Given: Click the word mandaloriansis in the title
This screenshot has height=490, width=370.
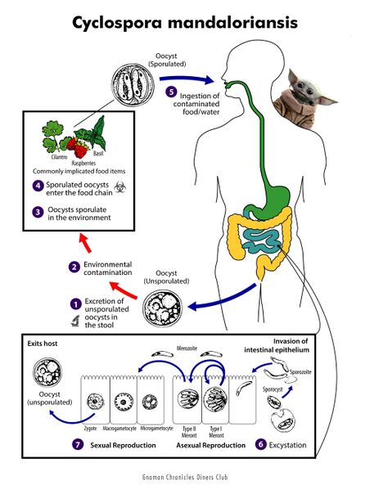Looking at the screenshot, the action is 232,23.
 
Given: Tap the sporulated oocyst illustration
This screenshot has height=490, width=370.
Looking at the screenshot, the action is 133,85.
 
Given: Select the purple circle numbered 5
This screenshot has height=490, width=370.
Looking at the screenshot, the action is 171,92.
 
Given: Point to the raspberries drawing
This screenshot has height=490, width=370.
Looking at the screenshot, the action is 78,146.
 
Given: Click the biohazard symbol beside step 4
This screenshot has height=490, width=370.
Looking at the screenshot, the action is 120,187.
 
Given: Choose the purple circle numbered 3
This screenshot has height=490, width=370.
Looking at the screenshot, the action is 38,213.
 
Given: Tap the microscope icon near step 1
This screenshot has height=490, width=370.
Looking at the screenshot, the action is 75,321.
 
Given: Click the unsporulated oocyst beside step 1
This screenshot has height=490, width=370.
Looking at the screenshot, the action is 162,308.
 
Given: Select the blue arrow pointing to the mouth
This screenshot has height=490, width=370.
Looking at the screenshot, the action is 187,79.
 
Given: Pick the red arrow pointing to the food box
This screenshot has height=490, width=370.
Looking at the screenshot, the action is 85,242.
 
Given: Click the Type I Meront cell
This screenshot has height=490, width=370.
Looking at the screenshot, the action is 215,399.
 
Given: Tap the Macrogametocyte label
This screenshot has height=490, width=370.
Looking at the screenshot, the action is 120,429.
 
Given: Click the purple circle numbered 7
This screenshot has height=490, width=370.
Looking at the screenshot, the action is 78,444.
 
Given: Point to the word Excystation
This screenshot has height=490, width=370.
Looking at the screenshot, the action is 287,445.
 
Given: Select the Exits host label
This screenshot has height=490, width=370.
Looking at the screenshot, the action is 43,344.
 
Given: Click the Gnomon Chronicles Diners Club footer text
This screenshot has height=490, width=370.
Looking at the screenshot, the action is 185,477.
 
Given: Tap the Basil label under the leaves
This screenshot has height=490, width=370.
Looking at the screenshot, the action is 98,154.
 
